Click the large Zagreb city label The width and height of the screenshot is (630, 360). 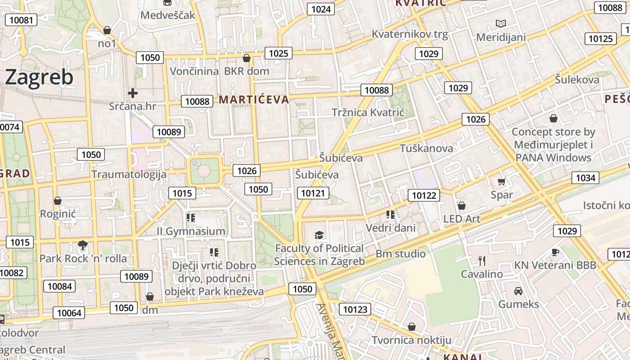point(39,77)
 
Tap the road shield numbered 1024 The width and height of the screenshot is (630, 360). point(321,9)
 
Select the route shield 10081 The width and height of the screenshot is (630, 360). point(21,20)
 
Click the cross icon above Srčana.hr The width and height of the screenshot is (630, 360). point(133,93)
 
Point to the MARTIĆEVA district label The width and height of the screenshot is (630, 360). point(254,99)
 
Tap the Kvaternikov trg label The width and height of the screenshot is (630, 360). point(409,34)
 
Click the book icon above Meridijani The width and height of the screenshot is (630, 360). point(500,23)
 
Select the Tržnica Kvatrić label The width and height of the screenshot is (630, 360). point(368,112)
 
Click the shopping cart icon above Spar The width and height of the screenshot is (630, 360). point(501,182)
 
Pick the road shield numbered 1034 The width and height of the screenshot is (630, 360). point(585,178)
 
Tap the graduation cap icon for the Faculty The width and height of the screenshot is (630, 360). point(319,234)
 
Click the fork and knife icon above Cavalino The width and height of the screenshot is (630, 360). point(481,261)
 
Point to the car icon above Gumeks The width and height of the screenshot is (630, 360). point(518,291)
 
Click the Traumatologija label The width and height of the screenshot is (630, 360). point(129,174)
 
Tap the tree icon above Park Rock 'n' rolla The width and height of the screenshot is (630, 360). point(82,245)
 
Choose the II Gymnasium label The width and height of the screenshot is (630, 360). point(191,231)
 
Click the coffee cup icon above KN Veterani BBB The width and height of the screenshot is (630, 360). point(555,252)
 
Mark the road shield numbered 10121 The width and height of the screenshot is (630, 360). point(313,193)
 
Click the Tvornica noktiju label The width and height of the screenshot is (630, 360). point(411,340)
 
